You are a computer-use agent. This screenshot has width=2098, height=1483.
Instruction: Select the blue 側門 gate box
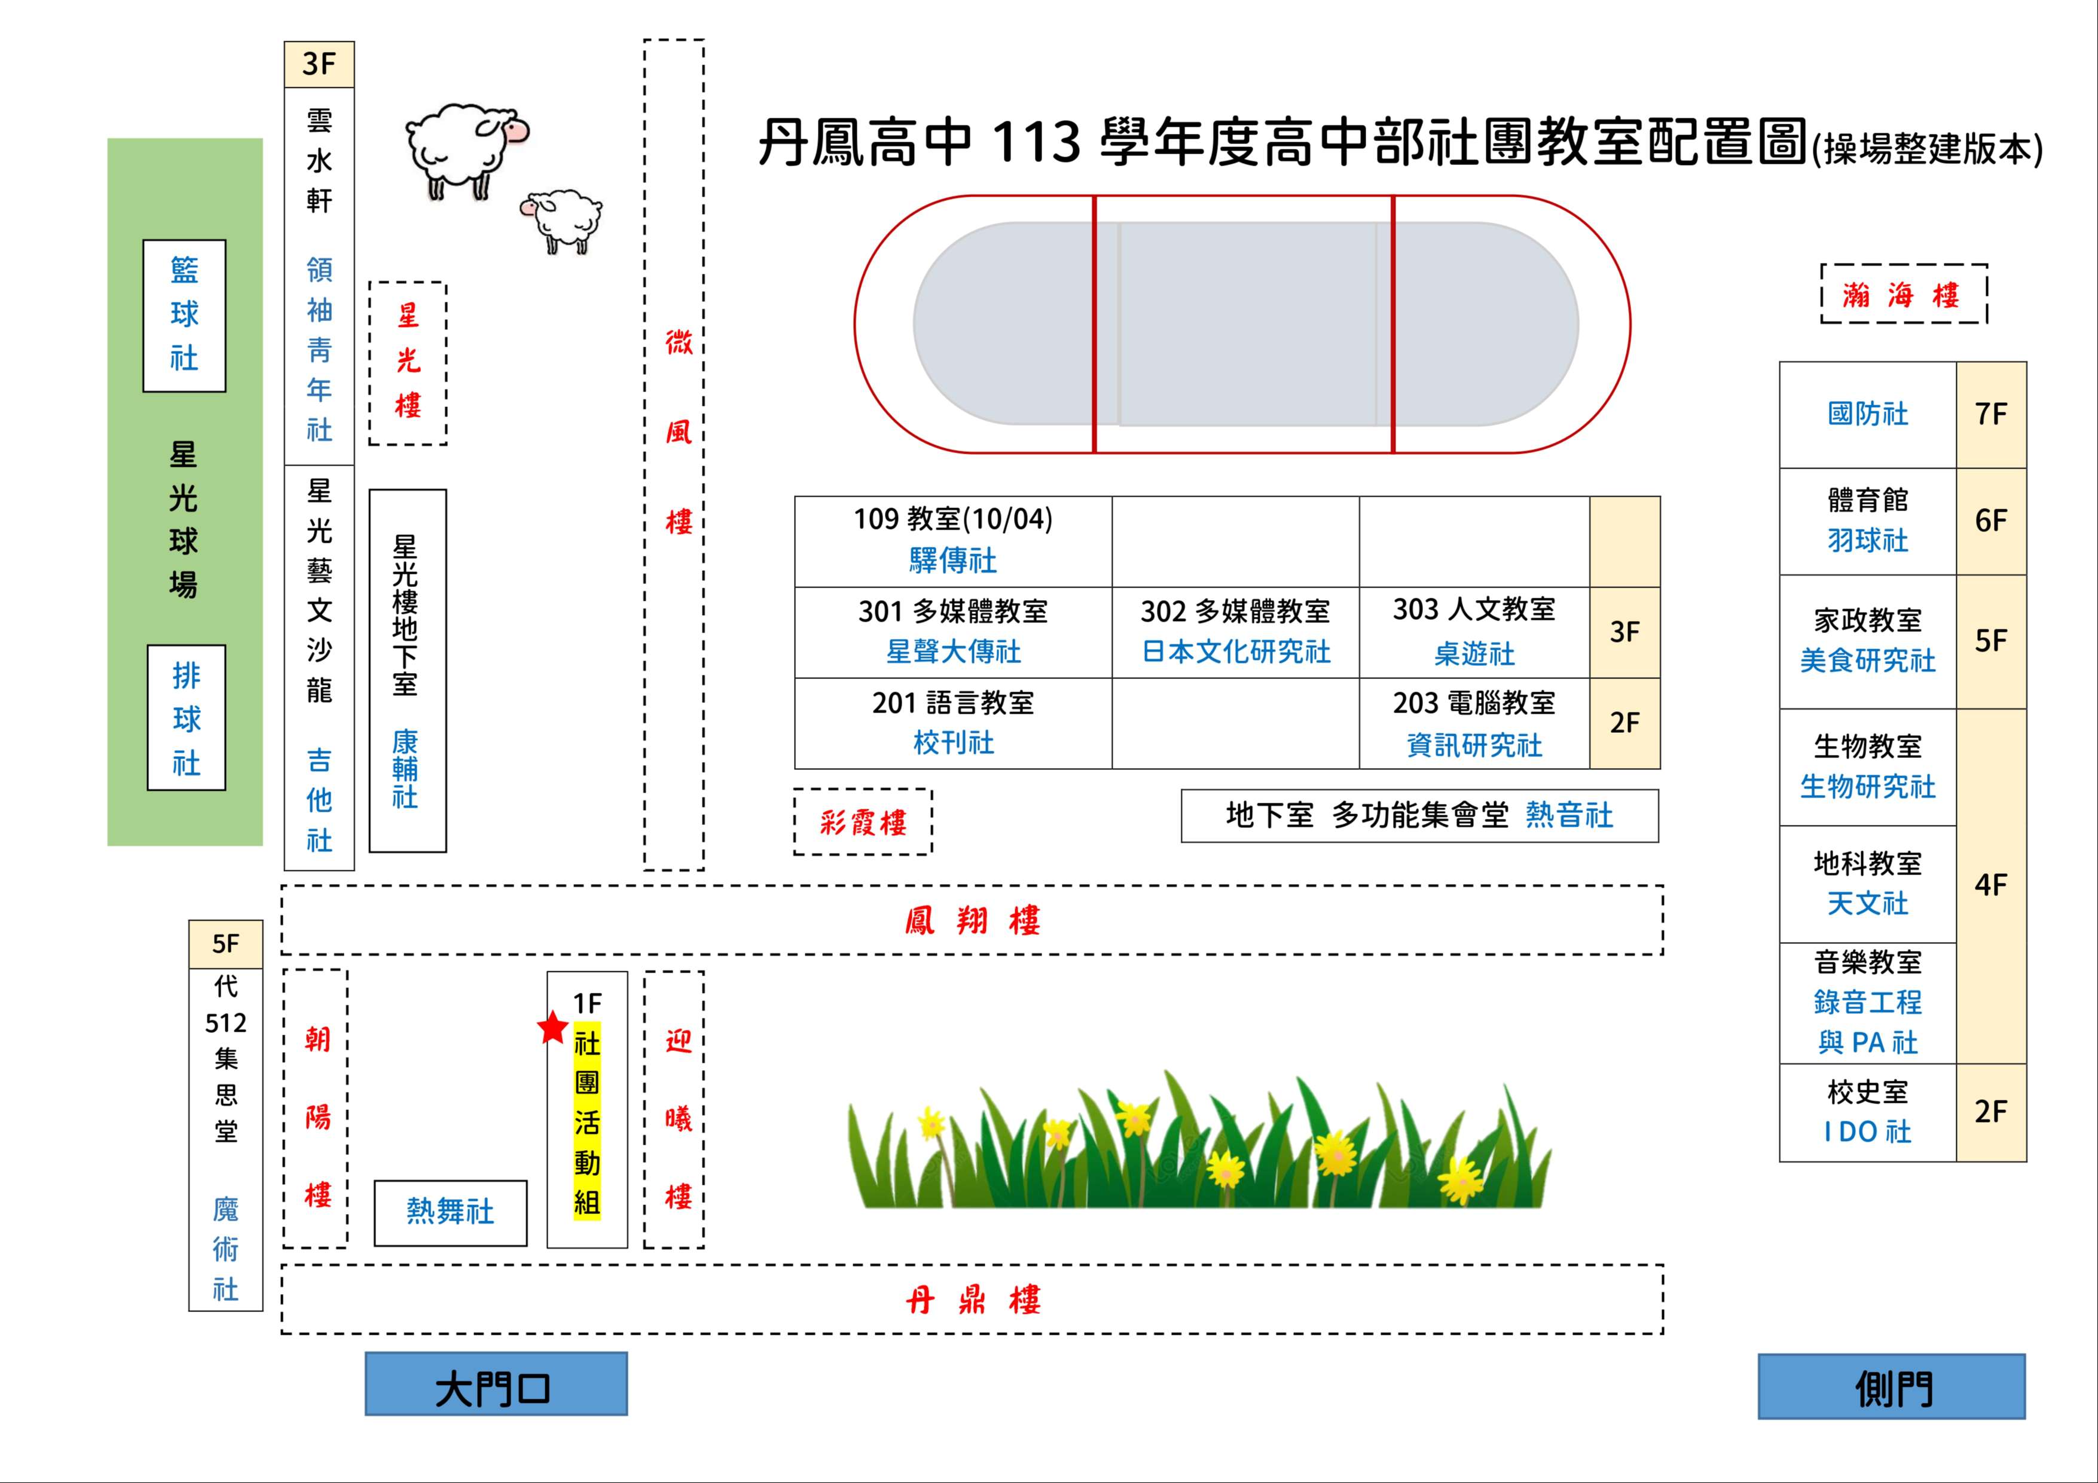[1892, 1386]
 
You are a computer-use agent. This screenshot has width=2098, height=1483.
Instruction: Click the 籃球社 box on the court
[185, 315]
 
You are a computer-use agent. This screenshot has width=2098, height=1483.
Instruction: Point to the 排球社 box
[187, 717]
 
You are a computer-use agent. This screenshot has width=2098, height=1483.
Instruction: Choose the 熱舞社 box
[450, 1213]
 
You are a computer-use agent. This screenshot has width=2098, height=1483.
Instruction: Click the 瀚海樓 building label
[1903, 294]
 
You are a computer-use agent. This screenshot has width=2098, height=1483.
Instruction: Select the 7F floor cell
[1991, 415]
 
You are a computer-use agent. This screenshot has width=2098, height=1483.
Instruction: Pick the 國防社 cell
[1868, 415]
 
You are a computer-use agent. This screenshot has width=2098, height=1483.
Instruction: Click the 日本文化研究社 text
[1235, 652]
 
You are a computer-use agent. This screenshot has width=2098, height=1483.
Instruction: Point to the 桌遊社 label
[1474, 653]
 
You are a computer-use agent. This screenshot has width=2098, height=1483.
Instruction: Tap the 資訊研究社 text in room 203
[1474, 745]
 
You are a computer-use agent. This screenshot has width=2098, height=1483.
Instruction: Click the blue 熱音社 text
[1569, 815]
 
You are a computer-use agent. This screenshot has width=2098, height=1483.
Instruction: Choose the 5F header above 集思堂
[225, 944]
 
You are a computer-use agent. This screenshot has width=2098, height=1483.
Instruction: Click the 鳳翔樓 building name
[972, 920]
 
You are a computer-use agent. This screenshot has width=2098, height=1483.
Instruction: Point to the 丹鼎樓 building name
[972, 1299]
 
